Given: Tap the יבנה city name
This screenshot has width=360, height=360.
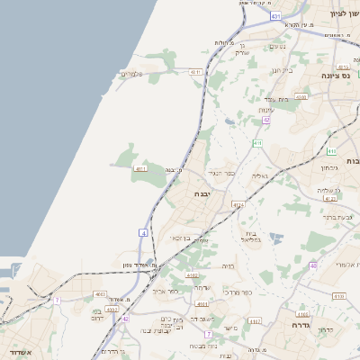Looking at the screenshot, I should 201,193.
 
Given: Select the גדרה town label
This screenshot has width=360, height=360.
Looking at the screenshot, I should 301,327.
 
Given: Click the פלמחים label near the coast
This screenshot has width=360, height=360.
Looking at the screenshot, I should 131,74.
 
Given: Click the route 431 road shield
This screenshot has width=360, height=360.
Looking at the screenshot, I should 274,16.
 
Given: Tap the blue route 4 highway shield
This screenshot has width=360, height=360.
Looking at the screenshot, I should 142,232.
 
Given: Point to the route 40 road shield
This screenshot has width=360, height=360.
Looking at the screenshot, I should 313,265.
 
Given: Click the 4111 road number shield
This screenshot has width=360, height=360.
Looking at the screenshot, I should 139,168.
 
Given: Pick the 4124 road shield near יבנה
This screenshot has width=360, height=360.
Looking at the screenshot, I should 238,205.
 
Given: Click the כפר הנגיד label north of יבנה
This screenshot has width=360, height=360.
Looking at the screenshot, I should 221,172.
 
